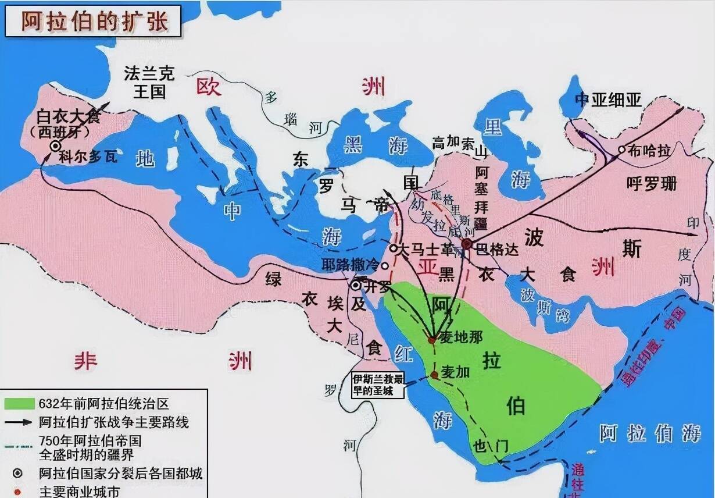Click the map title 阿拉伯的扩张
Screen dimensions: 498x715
pos(94,22)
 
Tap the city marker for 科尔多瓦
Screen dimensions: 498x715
pos(55,147)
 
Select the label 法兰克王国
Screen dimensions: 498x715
pos(149,82)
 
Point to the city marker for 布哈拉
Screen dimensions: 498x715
pos(621,150)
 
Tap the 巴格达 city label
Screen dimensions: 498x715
pos(497,250)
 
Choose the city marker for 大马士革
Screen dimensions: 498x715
pos(393,248)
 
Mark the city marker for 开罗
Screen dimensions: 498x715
pos(356,285)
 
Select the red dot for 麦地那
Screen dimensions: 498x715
pos(431,340)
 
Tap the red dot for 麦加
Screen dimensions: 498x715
pos(434,375)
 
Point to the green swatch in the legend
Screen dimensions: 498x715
pos(20,404)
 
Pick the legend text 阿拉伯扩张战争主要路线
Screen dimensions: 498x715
pos(113,422)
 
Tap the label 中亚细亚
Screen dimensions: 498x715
pos(608,100)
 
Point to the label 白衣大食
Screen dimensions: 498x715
pos(68,116)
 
